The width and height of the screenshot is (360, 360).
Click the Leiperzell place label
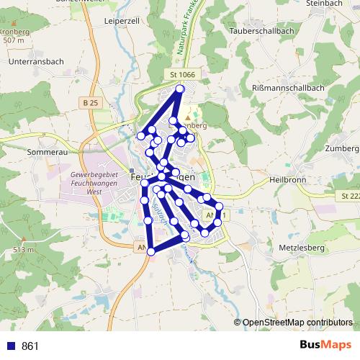click(121, 22)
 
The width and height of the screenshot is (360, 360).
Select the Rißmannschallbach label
click(289, 88)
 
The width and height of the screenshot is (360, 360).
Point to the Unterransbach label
click(36, 62)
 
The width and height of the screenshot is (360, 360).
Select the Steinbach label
click(323, 4)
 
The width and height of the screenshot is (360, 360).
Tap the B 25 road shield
click(90, 103)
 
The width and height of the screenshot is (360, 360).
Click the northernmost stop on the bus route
click(180, 89)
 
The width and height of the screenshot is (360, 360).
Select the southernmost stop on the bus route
click(151, 251)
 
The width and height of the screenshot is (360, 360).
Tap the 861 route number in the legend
click(30, 346)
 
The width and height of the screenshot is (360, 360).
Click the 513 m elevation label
click(23, 250)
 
